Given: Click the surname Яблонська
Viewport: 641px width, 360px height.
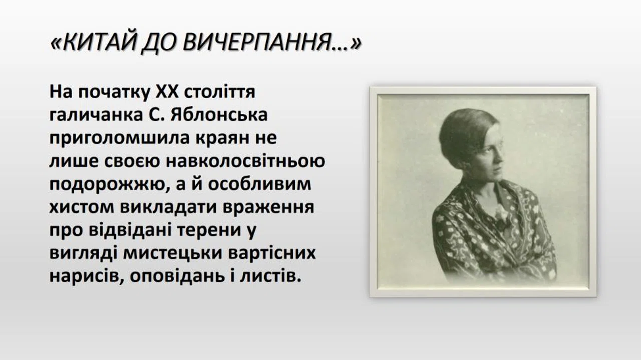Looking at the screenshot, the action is coord(219,115).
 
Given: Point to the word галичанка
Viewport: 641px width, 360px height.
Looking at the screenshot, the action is coord(96,115).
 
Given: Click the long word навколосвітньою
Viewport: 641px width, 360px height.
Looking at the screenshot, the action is coord(245,161).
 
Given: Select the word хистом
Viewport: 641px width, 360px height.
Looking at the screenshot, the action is coord(82,207).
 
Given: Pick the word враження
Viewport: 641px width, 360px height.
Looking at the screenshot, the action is coord(268,207).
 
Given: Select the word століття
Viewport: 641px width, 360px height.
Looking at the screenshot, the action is coord(219,91).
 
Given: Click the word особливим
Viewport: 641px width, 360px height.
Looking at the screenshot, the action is coord(259,185).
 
